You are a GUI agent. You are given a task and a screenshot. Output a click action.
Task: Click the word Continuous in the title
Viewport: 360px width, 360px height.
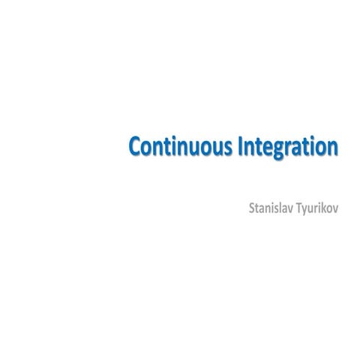pyautogui.click(x=181, y=146)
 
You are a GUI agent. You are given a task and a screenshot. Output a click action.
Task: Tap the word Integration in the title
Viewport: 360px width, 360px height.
pyautogui.click(x=288, y=146)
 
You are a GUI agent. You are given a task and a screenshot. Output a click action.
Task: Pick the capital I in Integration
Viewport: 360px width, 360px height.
pyautogui.click(x=240, y=146)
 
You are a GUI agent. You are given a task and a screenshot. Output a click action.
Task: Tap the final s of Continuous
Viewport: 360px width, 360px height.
pyautogui.click(x=228, y=148)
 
